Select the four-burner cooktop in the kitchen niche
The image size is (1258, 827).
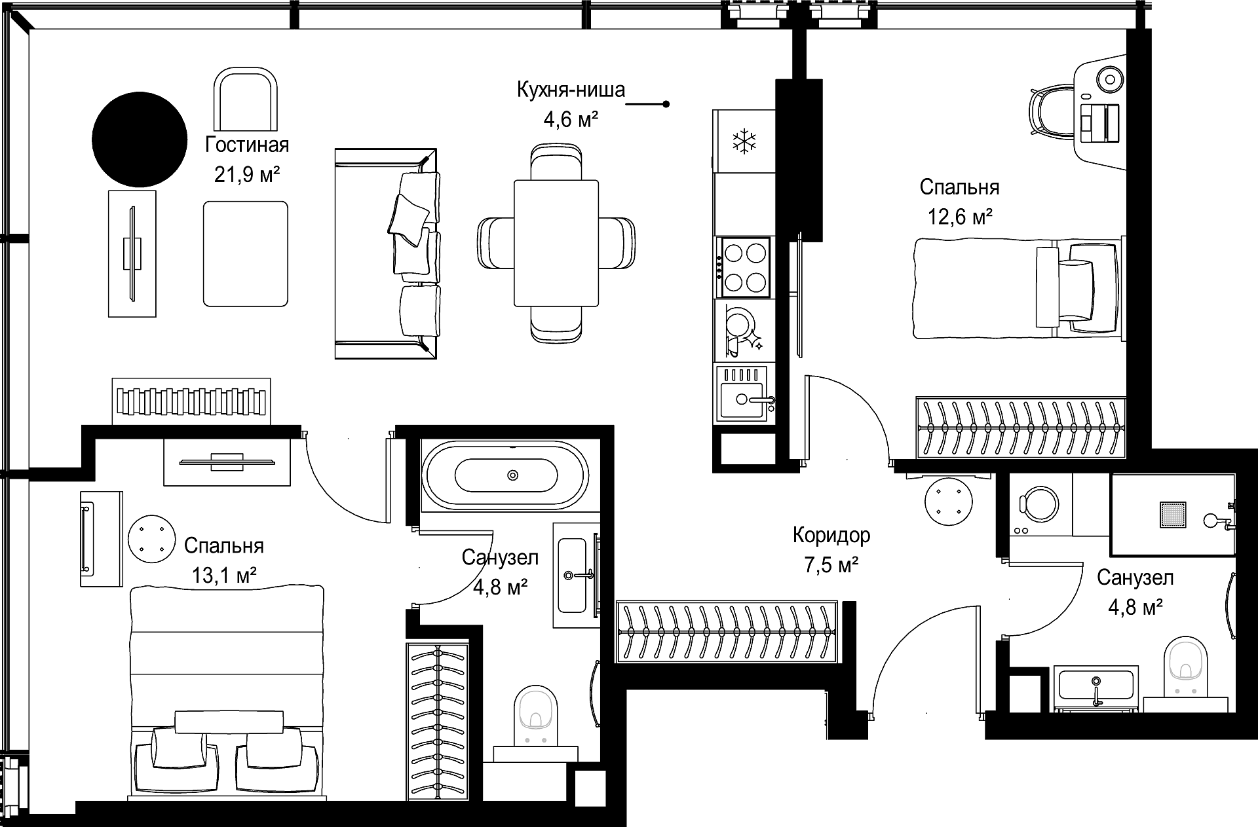[746, 266]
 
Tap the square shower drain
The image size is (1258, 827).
[1173, 514]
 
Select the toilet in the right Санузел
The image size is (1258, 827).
[1186, 666]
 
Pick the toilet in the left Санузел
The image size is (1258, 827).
[537, 715]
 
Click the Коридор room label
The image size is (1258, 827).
[831, 535]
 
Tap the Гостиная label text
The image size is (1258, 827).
[247, 144]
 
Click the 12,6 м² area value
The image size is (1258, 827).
[959, 216]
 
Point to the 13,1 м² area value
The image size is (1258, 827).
[223, 576]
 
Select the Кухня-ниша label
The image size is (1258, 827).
[571, 90]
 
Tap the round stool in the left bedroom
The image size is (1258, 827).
[151, 538]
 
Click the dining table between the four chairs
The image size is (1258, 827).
[556, 243]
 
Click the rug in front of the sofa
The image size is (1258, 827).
[245, 253]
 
